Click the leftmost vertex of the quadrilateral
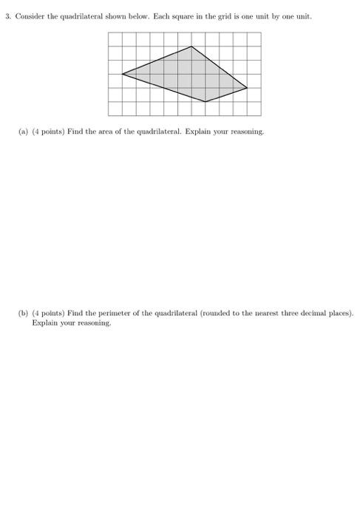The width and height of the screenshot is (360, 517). tap(122, 74)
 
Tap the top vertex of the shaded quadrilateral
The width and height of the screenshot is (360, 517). tap(191, 47)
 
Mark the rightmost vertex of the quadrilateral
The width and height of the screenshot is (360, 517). tap(247, 88)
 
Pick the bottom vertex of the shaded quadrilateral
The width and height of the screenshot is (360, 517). tap(206, 102)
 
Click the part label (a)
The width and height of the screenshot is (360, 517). tap(23, 131)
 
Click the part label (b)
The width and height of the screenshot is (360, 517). tap(23, 313)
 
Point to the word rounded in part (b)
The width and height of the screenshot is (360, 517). tap(200, 313)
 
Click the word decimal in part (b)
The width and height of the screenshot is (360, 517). tap(315, 313)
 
